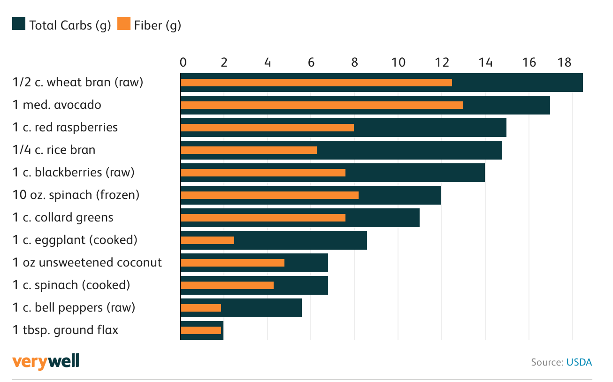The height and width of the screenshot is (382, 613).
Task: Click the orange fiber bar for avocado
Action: (322, 105)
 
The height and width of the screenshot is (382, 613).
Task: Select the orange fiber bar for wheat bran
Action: (316, 83)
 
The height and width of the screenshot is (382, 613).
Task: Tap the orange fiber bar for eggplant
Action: (207, 240)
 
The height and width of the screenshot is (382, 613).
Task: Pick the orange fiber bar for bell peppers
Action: (200, 308)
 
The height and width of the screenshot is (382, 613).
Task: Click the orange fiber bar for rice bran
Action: (248, 150)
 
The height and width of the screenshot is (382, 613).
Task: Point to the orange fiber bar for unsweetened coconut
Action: (232, 263)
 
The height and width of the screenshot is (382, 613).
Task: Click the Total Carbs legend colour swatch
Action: (19, 24)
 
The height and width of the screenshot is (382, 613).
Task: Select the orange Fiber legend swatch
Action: (124, 24)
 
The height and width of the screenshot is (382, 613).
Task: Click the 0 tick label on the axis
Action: (183, 62)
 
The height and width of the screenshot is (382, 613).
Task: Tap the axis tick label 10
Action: (398, 62)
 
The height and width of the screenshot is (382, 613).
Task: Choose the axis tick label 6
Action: (311, 62)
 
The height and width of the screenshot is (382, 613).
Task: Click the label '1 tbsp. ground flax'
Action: (65, 330)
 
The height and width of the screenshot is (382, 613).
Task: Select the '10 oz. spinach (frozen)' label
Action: (76, 195)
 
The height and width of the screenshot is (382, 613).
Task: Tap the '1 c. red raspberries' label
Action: (65, 127)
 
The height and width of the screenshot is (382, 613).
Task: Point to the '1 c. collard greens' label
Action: (63, 217)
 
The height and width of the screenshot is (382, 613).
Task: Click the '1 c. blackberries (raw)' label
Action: (74, 172)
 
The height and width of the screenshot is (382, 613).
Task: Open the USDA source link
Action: (579, 362)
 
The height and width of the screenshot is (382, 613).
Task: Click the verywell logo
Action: (46, 361)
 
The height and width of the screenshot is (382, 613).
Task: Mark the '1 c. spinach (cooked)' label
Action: (71, 285)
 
